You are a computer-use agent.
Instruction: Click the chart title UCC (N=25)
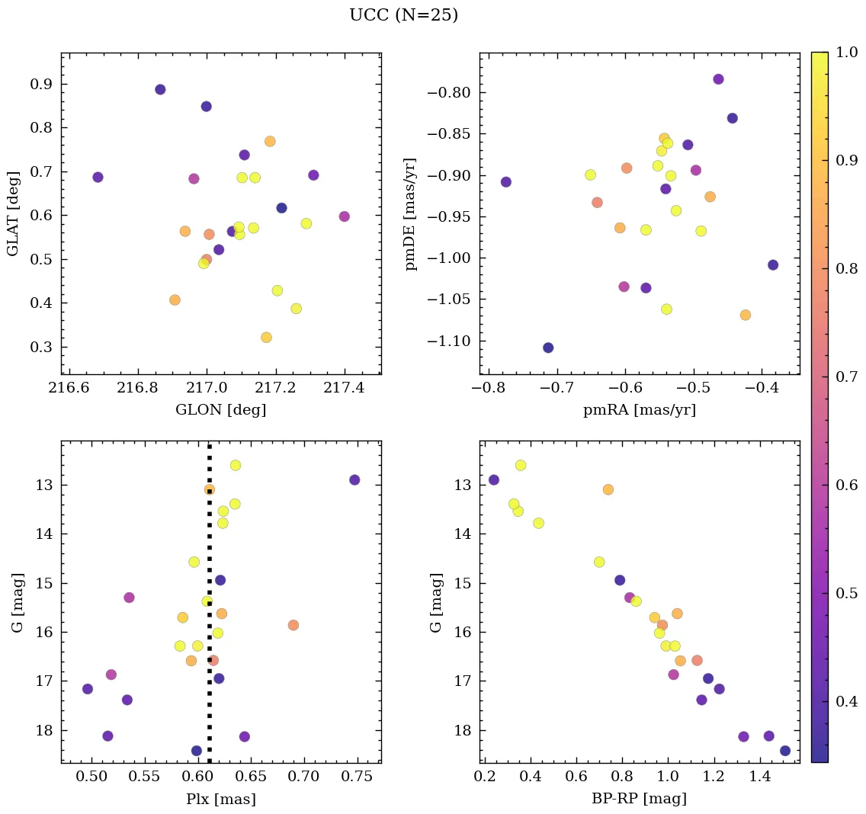point(403,15)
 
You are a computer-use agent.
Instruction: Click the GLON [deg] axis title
point(220,410)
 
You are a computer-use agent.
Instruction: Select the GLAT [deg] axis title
point(13,213)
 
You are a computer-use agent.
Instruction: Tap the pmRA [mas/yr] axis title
point(639,410)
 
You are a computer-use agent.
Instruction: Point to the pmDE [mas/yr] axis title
point(412,213)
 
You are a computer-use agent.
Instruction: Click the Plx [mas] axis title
point(220,799)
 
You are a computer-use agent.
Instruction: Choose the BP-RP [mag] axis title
point(639,799)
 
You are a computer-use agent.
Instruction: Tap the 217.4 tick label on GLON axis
point(345,389)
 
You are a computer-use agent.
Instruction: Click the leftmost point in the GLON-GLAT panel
point(98,178)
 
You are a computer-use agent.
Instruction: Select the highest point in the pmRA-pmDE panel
point(718,79)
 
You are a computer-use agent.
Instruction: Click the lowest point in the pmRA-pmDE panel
point(548,348)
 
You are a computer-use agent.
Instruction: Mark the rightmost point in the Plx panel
point(354,480)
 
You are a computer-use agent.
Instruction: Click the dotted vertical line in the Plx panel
point(210,610)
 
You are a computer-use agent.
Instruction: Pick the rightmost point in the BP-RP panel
point(785,751)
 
